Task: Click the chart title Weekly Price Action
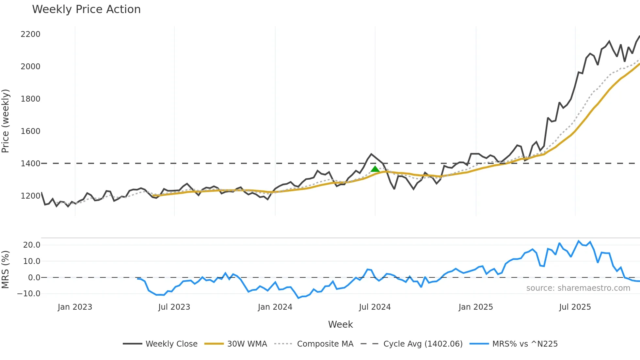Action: click(x=86, y=9)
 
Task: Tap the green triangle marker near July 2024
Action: click(x=375, y=169)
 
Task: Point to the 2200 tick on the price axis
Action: click(x=30, y=34)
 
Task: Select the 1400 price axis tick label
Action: click(x=30, y=164)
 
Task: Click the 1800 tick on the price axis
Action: click(x=30, y=99)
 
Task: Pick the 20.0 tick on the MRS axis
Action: click(x=32, y=245)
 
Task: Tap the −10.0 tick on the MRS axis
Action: click(x=29, y=294)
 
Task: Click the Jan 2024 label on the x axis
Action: click(x=275, y=307)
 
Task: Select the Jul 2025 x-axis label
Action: click(x=575, y=307)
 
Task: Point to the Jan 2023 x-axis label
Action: click(x=75, y=307)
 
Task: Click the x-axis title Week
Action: click(x=340, y=324)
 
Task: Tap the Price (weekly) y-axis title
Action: click(x=6, y=121)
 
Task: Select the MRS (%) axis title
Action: click(x=6, y=270)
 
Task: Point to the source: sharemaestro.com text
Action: click(x=578, y=288)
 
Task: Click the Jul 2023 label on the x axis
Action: click(x=174, y=307)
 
